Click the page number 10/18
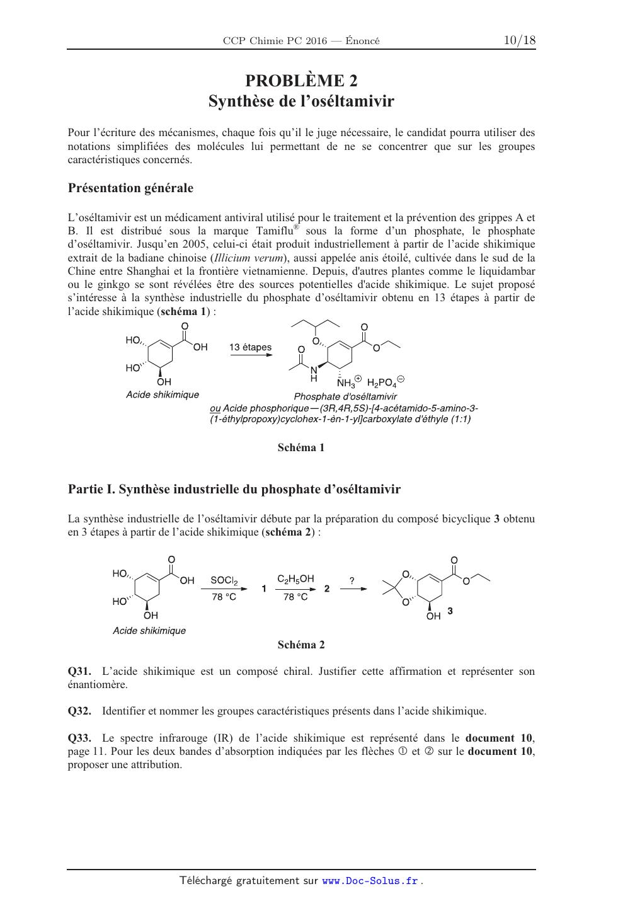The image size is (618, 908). click(519, 40)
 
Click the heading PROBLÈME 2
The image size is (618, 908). click(301, 81)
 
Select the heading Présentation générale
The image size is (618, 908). click(130, 188)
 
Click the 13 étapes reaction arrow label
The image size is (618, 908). click(250, 347)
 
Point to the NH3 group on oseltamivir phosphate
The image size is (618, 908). click(347, 382)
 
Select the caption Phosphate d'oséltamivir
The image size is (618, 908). click(345, 396)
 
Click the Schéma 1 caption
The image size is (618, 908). click(301, 448)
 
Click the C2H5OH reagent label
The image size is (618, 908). click(295, 578)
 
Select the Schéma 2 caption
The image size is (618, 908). click(301, 645)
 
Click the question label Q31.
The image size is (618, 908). click(79, 671)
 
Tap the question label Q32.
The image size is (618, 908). click(79, 711)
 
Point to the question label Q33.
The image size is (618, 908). click(79, 738)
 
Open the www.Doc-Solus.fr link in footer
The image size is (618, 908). click(370, 881)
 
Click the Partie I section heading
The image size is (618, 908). click(234, 489)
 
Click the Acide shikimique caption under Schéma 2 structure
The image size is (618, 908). click(149, 631)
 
